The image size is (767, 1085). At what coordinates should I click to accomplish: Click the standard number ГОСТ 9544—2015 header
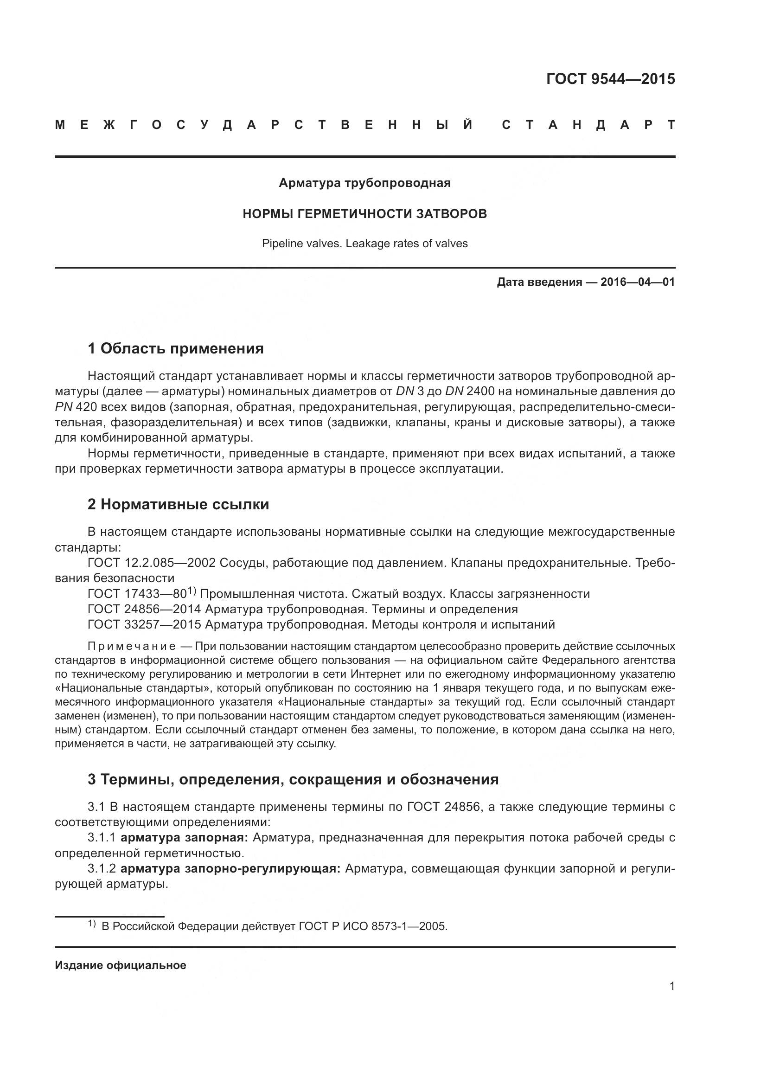(x=610, y=78)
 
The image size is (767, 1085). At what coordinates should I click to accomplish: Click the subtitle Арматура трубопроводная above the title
(x=364, y=183)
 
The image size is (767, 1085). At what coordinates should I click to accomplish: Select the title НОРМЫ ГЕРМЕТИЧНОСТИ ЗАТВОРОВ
(x=364, y=214)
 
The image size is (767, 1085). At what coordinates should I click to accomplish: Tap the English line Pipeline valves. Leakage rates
(x=364, y=244)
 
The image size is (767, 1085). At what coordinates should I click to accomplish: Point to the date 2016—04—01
(x=638, y=282)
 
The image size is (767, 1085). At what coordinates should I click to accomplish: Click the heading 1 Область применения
(x=176, y=349)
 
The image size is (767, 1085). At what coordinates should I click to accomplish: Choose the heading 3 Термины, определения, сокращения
(x=293, y=779)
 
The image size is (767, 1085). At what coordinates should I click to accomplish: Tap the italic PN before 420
(x=63, y=407)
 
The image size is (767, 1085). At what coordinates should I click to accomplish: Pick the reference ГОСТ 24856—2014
(x=145, y=609)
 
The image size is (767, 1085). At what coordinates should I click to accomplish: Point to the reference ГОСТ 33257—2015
(x=145, y=625)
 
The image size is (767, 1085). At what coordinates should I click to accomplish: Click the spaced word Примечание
(x=132, y=647)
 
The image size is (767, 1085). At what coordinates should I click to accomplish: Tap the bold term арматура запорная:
(x=184, y=838)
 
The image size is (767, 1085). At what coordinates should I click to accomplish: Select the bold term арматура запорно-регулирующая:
(x=230, y=868)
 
